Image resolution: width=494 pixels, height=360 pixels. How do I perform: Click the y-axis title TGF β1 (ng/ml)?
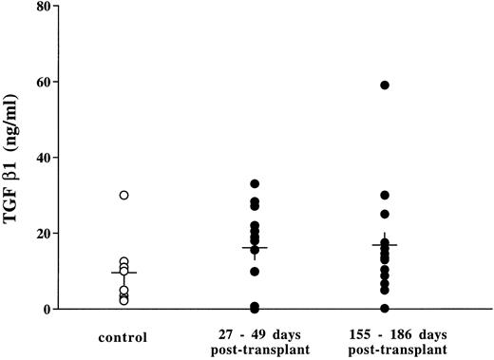(x=19, y=157)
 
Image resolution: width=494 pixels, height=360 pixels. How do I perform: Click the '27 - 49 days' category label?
(x=254, y=334)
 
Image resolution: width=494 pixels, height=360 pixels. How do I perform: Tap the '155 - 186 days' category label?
(x=384, y=334)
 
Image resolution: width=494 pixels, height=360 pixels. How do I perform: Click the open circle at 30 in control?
(x=123, y=195)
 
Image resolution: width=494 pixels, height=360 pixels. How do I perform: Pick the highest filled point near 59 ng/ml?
(x=385, y=85)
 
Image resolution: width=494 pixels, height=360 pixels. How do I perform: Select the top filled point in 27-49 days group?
(x=255, y=183)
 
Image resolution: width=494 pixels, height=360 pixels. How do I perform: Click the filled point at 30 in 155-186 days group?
(x=385, y=196)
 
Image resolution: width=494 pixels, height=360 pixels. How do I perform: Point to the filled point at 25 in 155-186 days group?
(x=385, y=214)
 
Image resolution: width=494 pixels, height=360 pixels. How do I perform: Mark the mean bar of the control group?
(x=123, y=273)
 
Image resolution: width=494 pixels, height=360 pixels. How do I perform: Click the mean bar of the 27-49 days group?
(x=255, y=248)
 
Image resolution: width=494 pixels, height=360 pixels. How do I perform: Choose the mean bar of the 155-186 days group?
(x=385, y=244)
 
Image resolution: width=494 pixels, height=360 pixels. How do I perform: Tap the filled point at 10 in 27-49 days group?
(x=255, y=272)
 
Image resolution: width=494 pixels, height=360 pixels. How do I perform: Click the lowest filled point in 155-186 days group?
(x=385, y=309)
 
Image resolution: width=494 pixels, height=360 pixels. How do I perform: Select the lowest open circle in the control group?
(x=123, y=301)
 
